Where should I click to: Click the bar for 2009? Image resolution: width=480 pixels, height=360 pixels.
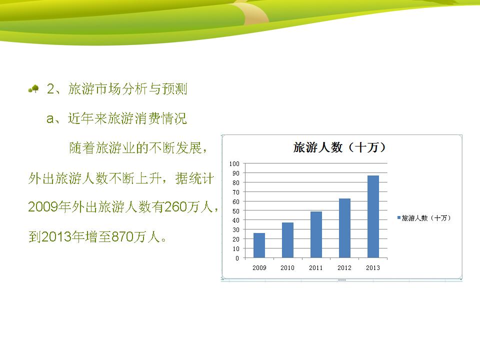click(259, 245)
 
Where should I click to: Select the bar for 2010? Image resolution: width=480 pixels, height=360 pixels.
click(287, 240)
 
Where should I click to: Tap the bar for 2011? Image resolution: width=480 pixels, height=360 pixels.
click(316, 235)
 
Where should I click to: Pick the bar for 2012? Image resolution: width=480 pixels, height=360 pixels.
click(344, 228)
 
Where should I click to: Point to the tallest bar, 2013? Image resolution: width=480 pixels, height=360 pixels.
click(373, 216)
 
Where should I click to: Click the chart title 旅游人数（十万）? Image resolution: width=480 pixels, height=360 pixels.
click(339, 147)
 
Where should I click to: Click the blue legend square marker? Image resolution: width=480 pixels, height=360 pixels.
click(399, 217)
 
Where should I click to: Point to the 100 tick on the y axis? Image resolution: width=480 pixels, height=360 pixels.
click(234, 164)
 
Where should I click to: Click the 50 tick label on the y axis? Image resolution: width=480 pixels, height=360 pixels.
click(235, 211)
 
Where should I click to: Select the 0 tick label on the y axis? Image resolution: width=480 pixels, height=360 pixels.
click(237, 258)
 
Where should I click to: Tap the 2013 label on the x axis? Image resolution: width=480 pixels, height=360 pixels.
click(373, 268)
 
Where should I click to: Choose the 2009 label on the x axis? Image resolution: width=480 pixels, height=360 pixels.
click(259, 268)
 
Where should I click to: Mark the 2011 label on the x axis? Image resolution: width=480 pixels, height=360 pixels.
click(316, 268)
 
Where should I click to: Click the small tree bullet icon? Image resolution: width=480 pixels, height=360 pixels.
click(33, 89)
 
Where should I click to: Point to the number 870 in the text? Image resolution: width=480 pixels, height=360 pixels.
click(122, 236)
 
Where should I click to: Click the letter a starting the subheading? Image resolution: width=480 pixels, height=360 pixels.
click(50, 119)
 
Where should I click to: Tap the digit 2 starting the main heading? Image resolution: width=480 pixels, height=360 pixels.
click(50, 89)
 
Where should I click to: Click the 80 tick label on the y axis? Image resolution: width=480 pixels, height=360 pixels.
click(235, 183)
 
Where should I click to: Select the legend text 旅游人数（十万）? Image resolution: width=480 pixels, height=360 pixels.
click(426, 218)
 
